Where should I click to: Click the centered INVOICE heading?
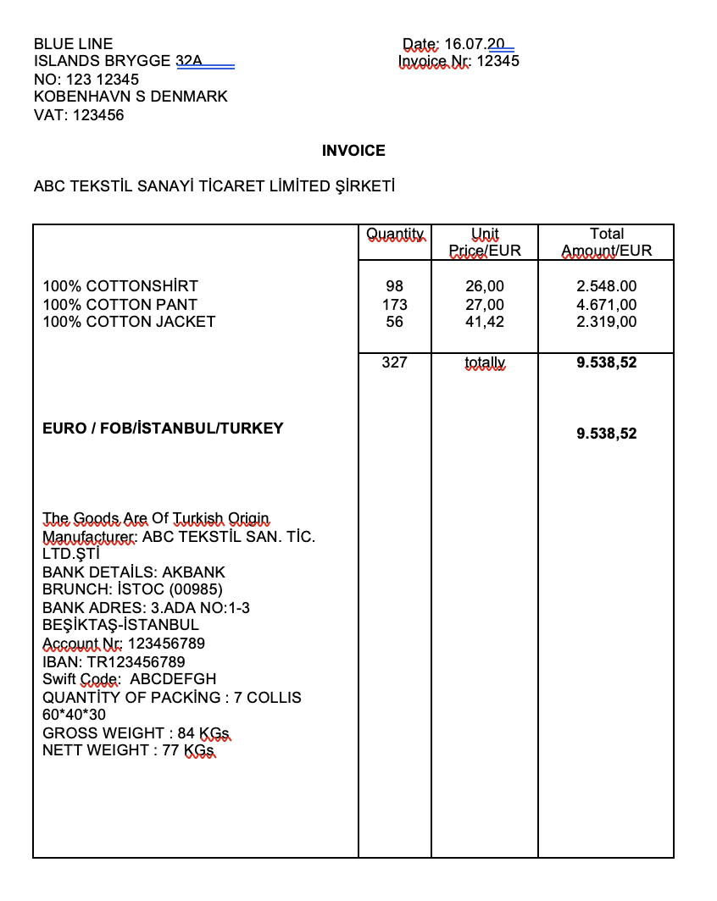[353, 151]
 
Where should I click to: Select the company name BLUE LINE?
[73, 44]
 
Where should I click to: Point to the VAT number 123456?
[98, 115]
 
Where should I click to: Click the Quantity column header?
[394, 234]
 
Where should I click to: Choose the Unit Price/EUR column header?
[485, 242]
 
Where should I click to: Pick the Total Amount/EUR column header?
[606, 242]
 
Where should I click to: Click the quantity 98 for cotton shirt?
[394, 287]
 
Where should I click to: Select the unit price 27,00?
[485, 305]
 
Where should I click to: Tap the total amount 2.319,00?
[606, 322]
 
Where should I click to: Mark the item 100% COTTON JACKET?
[129, 322]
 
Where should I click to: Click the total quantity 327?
[394, 362]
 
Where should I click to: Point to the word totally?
[485, 363]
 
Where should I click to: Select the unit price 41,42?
[485, 322]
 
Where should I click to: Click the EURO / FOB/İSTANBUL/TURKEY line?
[163, 428]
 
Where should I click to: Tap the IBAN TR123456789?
[136, 661]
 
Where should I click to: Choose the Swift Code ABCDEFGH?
[173, 679]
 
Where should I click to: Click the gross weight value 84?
[186, 732]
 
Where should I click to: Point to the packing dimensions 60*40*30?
[74, 715]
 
